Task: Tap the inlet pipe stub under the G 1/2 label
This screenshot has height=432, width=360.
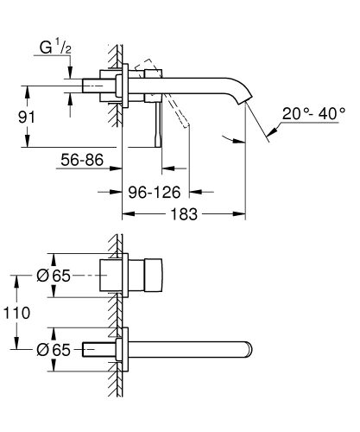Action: (91, 86)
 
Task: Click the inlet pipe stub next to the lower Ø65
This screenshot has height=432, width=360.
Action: (95, 349)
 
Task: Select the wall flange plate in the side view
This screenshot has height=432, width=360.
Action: (127, 86)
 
